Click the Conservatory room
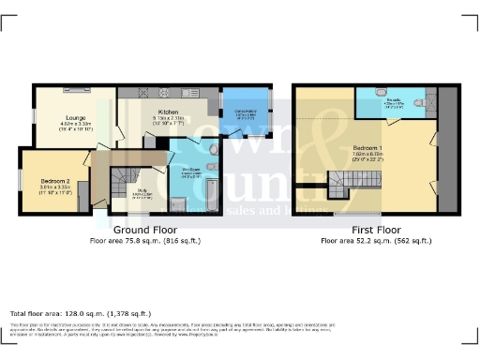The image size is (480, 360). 244,112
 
